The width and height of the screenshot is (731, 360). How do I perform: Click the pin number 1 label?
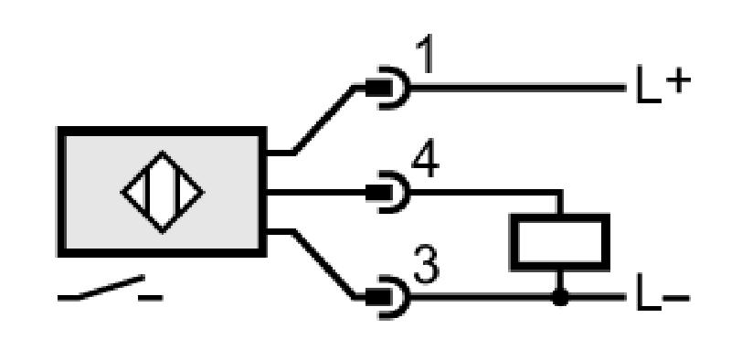[426, 54]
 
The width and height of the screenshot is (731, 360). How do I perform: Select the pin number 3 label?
[426, 265]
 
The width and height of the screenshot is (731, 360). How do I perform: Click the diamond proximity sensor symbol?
[163, 192]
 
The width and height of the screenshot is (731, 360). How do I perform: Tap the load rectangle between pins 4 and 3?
[560, 242]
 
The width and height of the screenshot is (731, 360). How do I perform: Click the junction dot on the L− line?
[560, 297]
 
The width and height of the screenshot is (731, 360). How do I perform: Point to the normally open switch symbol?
[110, 288]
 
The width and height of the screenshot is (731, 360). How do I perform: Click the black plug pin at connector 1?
[378, 88]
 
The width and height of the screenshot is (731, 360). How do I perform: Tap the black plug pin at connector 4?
[378, 192]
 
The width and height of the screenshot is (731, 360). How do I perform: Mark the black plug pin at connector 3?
[378, 297]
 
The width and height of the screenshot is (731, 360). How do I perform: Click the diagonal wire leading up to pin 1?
[324, 120]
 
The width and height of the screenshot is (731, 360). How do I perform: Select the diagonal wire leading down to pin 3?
[324, 264]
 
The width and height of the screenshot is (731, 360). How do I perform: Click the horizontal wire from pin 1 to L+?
[517, 88]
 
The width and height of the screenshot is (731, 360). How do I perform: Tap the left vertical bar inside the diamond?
[147, 192]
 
